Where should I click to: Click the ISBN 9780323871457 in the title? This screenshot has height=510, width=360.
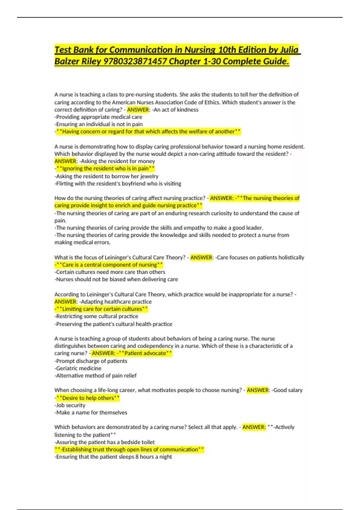pyautogui.click(x=135, y=61)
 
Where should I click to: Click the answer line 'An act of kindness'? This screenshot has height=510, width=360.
pyautogui.click(x=176, y=110)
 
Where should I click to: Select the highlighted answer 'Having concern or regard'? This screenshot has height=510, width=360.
pyautogui.click(x=148, y=131)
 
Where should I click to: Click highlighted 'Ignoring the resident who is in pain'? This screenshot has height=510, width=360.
pyautogui.click(x=105, y=169)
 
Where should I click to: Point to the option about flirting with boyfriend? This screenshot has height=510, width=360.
pyautogui.click(x=118, y=184)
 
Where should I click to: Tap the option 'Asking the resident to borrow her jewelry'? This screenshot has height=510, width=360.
pyautogui.click(x=106, y=176)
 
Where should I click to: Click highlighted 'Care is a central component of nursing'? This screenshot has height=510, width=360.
pyautogui.click(x=109, y=265)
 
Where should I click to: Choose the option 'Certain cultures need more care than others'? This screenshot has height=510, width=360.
pyautogui.click(x=110, y=272)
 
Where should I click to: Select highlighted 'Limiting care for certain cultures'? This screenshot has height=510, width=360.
pyautogui.click(x=102, y=309)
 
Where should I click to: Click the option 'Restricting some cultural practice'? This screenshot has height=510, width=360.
pyautogui.click(x=96, y=316)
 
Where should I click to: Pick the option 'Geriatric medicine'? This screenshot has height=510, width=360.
pyautogui.click(x=78, y=368)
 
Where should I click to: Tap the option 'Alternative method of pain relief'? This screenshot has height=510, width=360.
pyautogui.click(x=95, y=376)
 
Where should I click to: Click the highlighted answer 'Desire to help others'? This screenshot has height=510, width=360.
pyautogui.click(x=88, y=398)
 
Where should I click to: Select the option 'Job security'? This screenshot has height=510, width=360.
pyautogui.click(x=70, y=405)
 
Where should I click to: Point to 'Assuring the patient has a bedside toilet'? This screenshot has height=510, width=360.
pyautogui.click(x=105, y=442)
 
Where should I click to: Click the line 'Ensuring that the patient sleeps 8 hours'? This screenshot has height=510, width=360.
pyautogui.click(x=113, y=457)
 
